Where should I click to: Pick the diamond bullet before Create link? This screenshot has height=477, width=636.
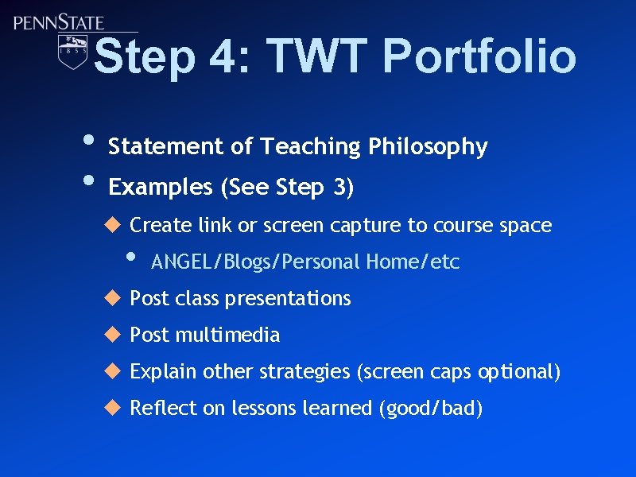[x=113, y=225]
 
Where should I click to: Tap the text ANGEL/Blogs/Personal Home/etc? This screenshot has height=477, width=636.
[x=305, y=262]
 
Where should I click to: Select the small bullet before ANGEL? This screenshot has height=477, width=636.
[x=132, y=258]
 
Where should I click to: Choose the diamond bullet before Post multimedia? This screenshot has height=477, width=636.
[x=113, y=335]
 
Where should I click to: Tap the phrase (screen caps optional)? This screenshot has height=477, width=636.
[x=459, y=372]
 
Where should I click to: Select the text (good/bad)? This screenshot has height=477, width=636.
[x=430, y=409]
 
